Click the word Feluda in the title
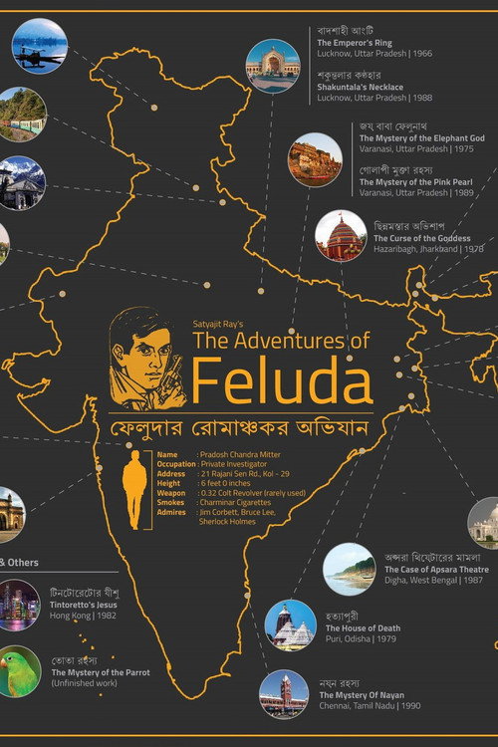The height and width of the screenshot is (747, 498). point(282,381)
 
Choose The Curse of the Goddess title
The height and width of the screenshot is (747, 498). point(422,239)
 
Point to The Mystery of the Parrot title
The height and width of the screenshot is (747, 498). point(101,672)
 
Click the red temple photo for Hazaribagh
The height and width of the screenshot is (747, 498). point(340,236)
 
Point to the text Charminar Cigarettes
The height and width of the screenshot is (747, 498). point(239,503)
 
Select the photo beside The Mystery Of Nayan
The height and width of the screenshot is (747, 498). point(283,693)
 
